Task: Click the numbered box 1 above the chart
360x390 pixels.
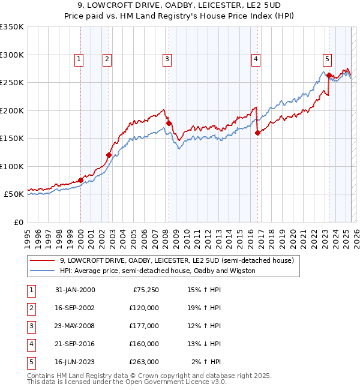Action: click(x=80, y=59)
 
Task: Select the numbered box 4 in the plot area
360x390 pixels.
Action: click(x=256, y=59)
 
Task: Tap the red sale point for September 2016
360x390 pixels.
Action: click(x=257, y=133)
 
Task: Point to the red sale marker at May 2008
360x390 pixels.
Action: click(x=169, y=124)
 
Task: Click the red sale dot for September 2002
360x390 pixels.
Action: click(x=109, y=155)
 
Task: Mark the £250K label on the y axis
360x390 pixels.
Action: click(x=12, y=82)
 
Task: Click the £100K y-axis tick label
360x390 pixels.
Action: click(x=12, y=166)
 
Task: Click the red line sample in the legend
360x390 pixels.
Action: click(x=42, y=261)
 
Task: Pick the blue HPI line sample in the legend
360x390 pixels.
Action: click(x=42, y=271)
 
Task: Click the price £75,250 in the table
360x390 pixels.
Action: click(x=145, y=290)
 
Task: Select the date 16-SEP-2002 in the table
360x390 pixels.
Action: click(x=75, y=308)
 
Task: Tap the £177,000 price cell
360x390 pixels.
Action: click(x=144, y=326)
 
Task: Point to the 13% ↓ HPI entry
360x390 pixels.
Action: click(x=204, y=344)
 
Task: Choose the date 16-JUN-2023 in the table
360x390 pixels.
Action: click(x=75, y=362)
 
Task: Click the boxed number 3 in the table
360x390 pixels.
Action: click(x=29, y=326)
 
